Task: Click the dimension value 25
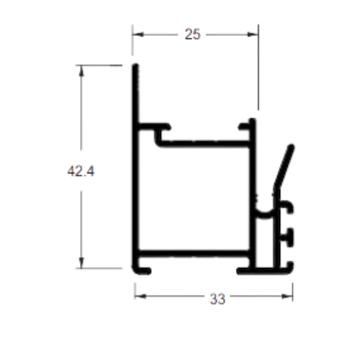[x=192, y=34]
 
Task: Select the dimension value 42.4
[x=81, y=171]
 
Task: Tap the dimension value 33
[x=217, y=299]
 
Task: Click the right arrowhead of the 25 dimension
[x=253, y=35]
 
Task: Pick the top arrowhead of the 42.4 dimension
[x=81, y=71]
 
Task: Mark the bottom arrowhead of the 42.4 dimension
[x=81, y=262]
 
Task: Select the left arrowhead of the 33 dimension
[x=141, y=296]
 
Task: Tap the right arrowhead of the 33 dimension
[x=287, y=296]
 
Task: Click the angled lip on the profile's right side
[x=284, y=168]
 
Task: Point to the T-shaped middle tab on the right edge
[x=288, y=237]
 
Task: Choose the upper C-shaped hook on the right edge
[x=288, y=206]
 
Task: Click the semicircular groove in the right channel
[x=264, y=213]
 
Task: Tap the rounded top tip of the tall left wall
[x=136, y=66]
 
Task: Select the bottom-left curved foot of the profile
[x=141, y=270]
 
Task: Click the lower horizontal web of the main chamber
[x=194, y=253]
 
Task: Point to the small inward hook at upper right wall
[x=245, y=127]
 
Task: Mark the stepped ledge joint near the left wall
[x=157, y=136]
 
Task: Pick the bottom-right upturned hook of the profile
[x=289, y=267]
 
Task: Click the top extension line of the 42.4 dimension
[x=99, y=65]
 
